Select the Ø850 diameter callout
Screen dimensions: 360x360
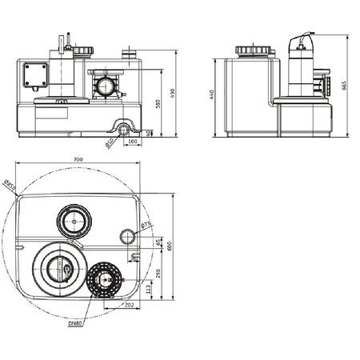point(10,189)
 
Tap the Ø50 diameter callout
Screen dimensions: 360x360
point(109,144)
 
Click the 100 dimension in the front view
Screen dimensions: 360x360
point(132,142)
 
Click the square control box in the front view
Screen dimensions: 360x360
point(35,75)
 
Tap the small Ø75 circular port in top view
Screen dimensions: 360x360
point(126,236)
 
